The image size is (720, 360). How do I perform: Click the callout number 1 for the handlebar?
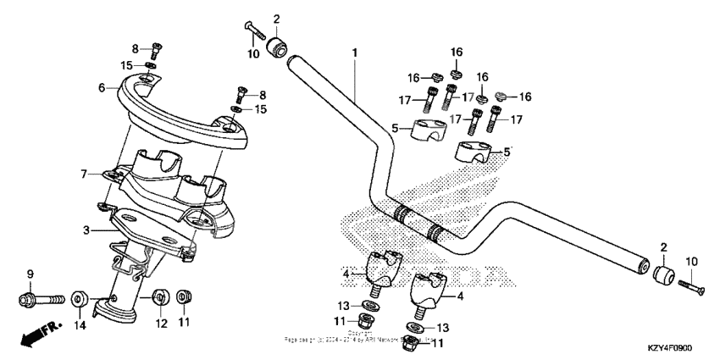click(x=354, y=53)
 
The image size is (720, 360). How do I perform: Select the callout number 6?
click(x=102, y=87)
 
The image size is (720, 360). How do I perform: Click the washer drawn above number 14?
click(x=79, y=299)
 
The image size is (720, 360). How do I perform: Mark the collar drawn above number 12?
click(x=158, y=299)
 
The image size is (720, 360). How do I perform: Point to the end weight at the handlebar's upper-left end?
click(x=276, y=46)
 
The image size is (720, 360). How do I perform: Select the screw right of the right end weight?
click(x=692, y=287)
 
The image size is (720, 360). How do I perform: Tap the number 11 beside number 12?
click(x=183, y=323)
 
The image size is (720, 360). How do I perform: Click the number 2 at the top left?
click(x=276, y=19)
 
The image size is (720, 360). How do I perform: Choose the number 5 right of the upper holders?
click(x=507, y=152)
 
